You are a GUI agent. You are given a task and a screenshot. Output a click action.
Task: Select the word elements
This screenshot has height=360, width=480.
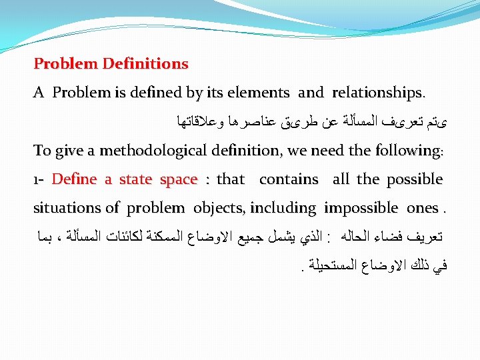(x=258, y=93)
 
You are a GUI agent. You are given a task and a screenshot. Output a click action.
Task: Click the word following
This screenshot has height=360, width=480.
(x=405, y=151)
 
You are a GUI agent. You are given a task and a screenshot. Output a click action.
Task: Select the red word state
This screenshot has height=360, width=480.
(x=136, y=179)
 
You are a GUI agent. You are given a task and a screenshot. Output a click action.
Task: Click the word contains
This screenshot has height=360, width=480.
(x=289, y=179)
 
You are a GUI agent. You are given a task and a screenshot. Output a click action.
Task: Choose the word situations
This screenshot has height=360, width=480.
(x=63, y=208)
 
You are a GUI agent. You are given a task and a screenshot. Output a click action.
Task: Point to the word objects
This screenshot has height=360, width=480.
(x=218, y=208)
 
